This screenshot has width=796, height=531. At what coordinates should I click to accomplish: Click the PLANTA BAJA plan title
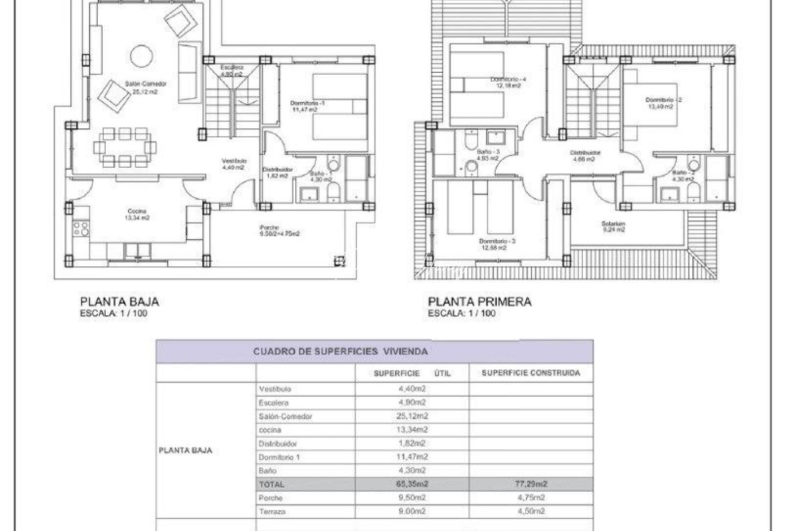click(x=119, y=301)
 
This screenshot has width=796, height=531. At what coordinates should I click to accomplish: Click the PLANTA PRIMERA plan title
click(x=480, y=301)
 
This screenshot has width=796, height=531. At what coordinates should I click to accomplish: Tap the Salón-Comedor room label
click(x=145, y=84)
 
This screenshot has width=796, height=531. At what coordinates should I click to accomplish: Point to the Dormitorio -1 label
click(x=308, y=103)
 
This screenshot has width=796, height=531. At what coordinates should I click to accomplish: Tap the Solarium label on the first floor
click(x=613, y=224)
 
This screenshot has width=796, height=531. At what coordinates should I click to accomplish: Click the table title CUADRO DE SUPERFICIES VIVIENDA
click(x=340, y=352)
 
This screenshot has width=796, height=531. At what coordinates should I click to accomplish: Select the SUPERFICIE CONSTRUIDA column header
click(x=531, y=373)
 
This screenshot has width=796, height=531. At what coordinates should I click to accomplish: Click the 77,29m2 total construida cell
click(x=531, y=484)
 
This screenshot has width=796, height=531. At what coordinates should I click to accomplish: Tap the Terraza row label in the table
click(x=272, y=511)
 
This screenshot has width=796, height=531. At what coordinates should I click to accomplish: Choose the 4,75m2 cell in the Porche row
click(x=531, y=498)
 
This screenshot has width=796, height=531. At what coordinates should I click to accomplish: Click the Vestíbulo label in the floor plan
click(x=234, y=161)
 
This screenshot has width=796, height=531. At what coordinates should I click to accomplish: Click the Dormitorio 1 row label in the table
click(x=279, y=457)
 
